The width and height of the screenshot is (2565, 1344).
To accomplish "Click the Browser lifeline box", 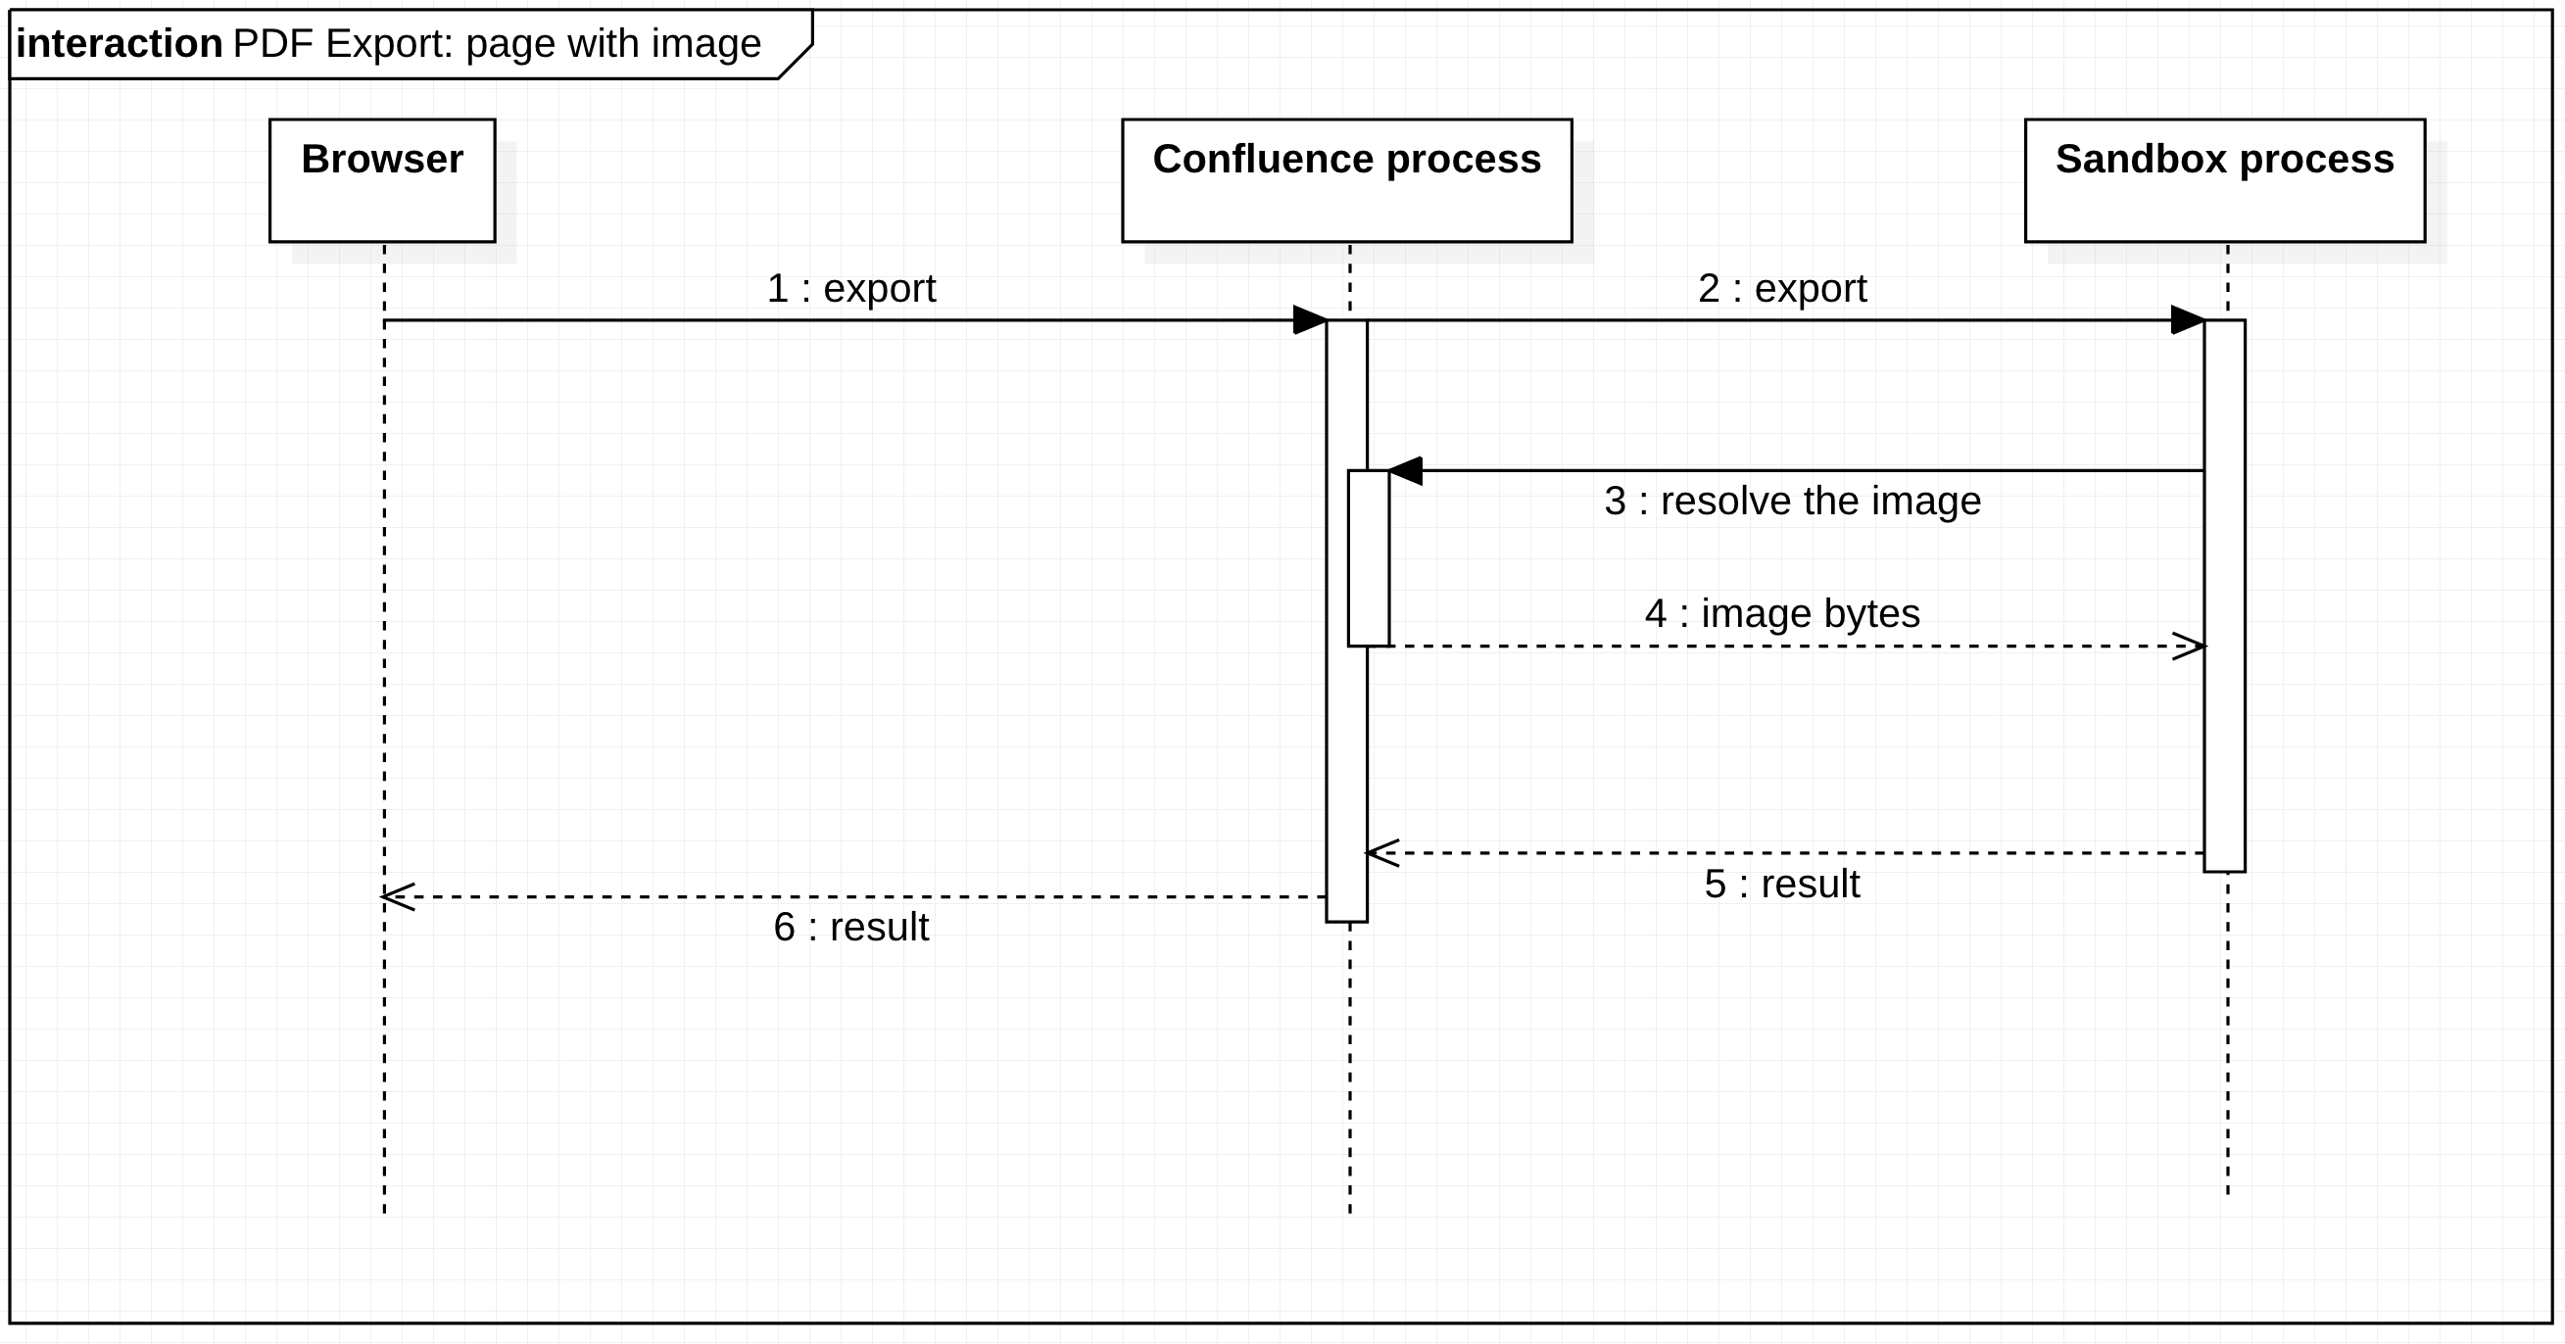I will click(x=382, y=180).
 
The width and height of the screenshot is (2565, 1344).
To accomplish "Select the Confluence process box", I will click(x=1346, y=180).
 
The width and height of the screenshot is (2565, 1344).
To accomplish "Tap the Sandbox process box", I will click(x=2224, y=180).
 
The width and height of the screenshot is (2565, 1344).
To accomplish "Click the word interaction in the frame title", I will click(x=120, y=44).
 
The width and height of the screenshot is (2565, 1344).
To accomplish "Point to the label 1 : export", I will click(x=850, y=289).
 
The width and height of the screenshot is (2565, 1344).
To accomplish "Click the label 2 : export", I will click(x=1781, y=289).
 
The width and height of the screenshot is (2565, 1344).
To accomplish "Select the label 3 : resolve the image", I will click(x=1791, y=501).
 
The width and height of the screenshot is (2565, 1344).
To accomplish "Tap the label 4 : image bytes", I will click(x=1781, y=613).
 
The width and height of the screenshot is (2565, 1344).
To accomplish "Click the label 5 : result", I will click(x=1781, y=884).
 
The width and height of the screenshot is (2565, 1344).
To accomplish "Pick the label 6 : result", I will click(x=850, y=928).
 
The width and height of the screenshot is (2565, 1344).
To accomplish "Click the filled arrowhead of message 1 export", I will click(x=1309, y=320).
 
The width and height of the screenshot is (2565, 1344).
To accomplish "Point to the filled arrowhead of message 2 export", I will click(x=2187, y=320).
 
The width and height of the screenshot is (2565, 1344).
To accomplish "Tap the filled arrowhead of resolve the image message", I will click(x=1406, y=471).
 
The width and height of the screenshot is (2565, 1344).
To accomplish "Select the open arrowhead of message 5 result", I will click(x=1382, y=853).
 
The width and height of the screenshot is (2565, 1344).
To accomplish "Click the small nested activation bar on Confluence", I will click(x=1368, y=557).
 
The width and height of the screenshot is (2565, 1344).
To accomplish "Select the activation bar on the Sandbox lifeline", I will click(x=2223, y=598).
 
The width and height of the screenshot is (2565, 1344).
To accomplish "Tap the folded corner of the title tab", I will click(x=797, y=62).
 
